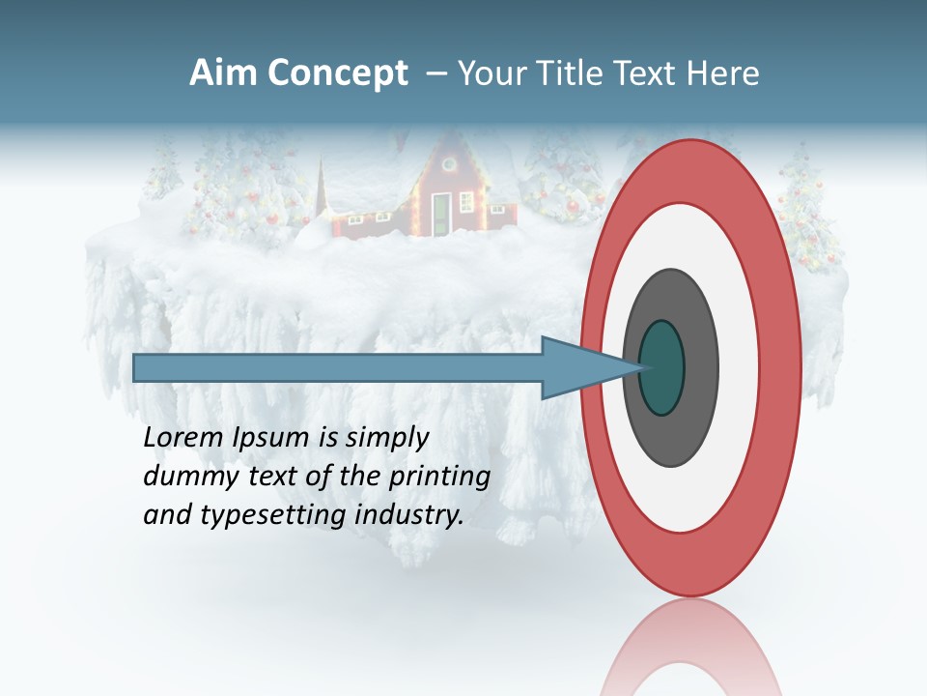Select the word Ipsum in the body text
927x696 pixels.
click(x=272, y=438)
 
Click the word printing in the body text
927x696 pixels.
click(x=438, y=477)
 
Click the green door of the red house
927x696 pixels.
click(x=440, y=213)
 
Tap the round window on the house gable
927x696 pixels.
click(x=450, y=163)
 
